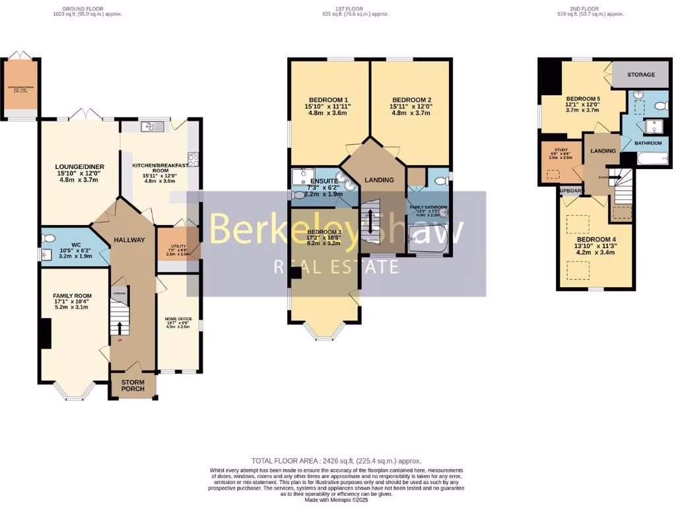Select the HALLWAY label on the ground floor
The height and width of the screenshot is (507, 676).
tap(129, 240)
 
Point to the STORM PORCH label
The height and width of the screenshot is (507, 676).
tap(133, 385)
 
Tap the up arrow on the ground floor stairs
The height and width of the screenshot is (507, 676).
tap(119, 328)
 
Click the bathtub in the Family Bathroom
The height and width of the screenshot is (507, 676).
tap(428, 239)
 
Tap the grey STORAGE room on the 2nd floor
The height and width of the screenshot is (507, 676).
tap(640, 75)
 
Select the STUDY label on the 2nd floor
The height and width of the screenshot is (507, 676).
tap(561, 150)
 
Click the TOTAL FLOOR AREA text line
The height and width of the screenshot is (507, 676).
tap(336, 461)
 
